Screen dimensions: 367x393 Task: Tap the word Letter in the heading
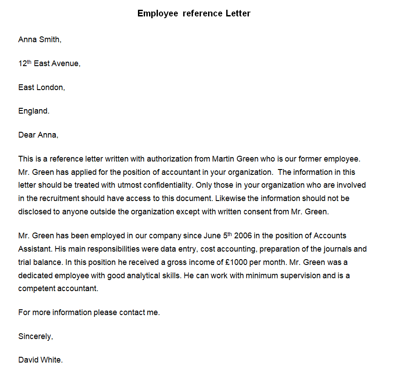(238, 13)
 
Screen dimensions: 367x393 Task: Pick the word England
(34, 111)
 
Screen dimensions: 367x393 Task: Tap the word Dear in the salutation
(27, 135)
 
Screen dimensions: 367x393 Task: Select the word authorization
(170, 158)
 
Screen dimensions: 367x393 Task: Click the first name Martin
(224, 158)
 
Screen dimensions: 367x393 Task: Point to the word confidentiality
(162, 185)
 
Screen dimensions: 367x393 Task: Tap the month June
(214, 236)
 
